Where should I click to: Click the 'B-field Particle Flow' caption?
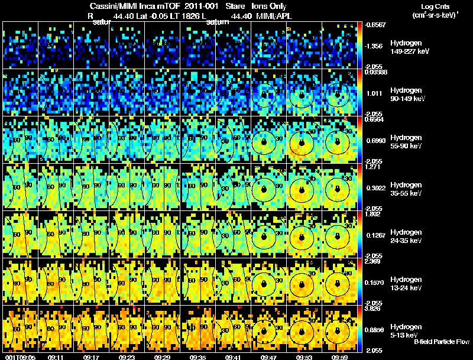click(441, 342)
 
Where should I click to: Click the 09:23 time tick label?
click(128, 356)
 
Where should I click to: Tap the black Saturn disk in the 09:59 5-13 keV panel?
click(337, 331)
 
